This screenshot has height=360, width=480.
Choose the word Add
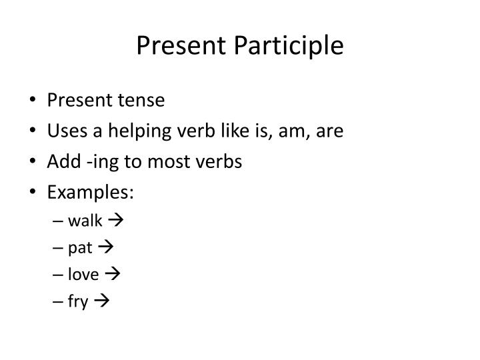pyautogui.click(x=61, y=162)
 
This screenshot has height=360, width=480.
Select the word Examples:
pyautogui.click(x=91, y=193)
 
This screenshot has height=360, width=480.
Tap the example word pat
pyautogui.click(x=80, y=248)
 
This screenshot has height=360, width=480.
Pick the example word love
pyautogui.click(x=83, y=275)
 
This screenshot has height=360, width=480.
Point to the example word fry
pyautogui.click(x=78, y=302)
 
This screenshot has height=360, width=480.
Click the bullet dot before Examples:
pyautogui.click(x=34, y=193)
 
